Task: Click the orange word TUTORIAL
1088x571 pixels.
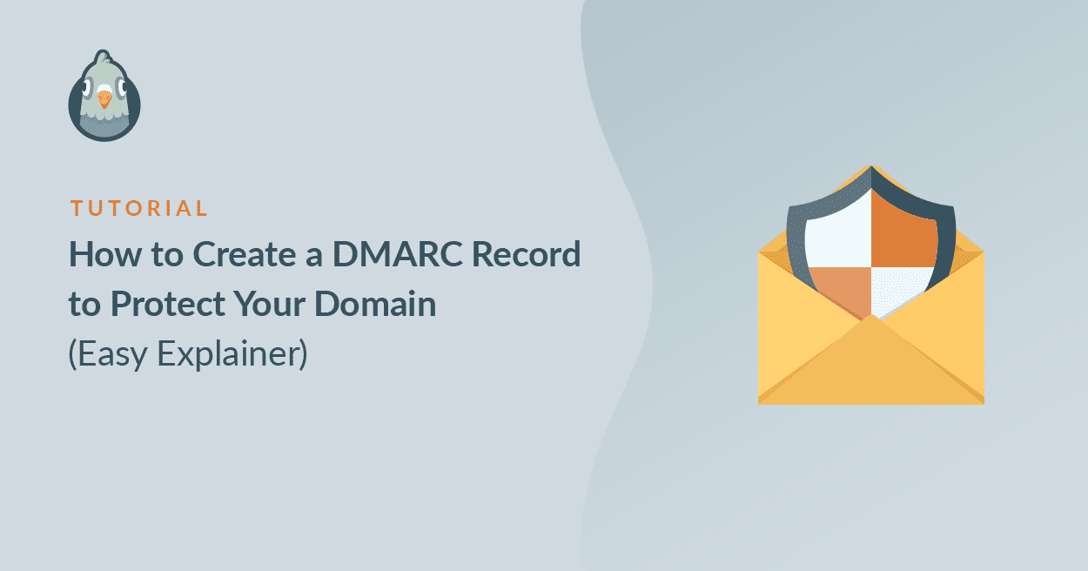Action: pos(138,209)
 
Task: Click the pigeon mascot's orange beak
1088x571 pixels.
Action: pos(104,98)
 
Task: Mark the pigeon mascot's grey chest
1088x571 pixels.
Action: pos(104,126)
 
